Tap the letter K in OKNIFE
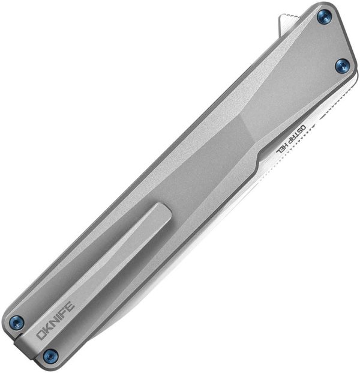[49, 324]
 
